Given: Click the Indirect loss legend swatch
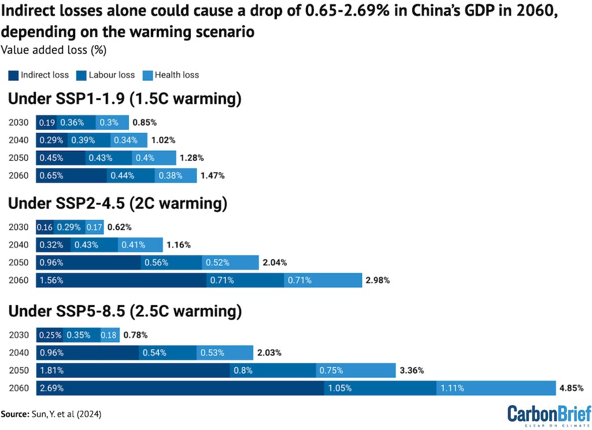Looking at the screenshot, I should point(13,75).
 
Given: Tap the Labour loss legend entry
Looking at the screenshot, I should point(106,75).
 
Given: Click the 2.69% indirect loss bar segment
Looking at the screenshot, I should point(180,388).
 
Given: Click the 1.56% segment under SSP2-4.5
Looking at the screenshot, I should point(121,280).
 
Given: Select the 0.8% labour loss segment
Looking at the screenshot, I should point(272,370).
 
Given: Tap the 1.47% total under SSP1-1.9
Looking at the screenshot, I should point(212,175).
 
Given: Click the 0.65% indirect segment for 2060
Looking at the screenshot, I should point(71,175).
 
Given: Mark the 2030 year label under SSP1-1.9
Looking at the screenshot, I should point(18,123).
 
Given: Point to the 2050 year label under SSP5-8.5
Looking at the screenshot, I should point(18,370).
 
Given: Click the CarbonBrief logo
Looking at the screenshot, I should point(549,415).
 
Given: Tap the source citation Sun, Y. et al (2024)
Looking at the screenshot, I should point(54,414).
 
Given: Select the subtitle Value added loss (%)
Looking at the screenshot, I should point(53,50).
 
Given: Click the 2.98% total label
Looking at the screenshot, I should point(378,280).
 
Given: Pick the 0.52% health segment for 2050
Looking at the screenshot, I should point(230,262).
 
